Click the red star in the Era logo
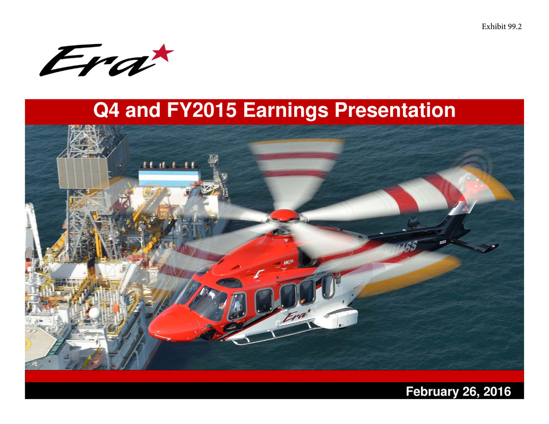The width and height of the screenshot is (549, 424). (x=162, y=53)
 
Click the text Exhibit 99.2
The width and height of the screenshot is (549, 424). (x=501, y=27)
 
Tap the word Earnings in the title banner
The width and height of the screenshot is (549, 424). (x=285, y=110)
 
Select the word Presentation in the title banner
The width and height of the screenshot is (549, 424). (x=395, y=110)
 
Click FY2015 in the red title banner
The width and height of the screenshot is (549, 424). (x=201, y=110)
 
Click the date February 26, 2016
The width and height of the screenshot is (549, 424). (x=458, y=392)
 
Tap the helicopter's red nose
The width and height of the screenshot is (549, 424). (x=171, y=324)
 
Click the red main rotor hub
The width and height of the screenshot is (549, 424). (x=284, y=215)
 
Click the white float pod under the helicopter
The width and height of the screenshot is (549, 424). (x=336, y=318)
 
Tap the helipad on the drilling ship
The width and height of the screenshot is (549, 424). (x=40, y=344)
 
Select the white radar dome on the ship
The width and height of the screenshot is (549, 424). (x=94, y=313)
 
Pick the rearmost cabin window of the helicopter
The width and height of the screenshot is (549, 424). (x=328, y=287)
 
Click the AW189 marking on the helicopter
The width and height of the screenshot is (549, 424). (x=288, y=262)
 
